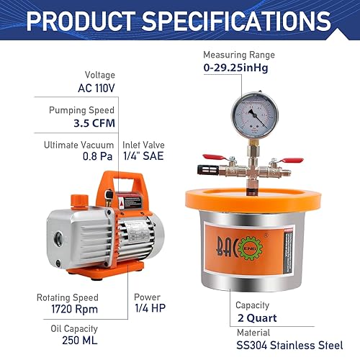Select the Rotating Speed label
click(68, 297)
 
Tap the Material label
click(253, 332)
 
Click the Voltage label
click(100, 74)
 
